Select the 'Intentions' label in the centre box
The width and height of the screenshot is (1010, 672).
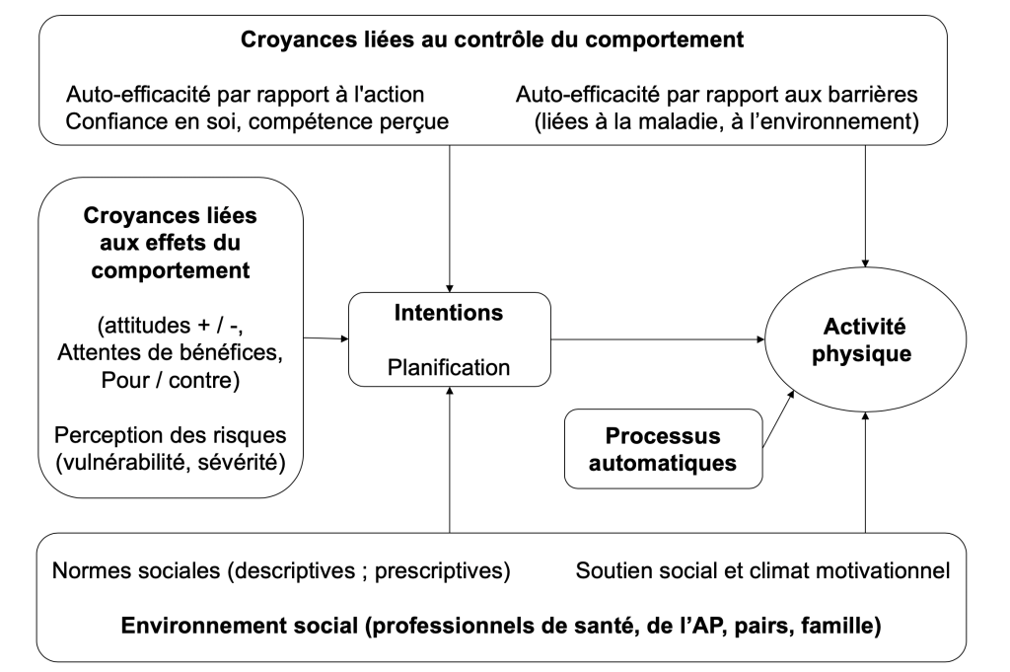[x=449, y=314]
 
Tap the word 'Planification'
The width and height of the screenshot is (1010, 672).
[x=449, y=367]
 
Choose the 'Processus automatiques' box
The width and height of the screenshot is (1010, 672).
[x=664, y=449]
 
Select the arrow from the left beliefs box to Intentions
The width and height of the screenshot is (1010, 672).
[x=325, y=339]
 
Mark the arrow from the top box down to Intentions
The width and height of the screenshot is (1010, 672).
[x=449, y=217]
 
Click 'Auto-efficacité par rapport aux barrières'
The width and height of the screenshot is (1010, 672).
[x=717, y=96]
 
